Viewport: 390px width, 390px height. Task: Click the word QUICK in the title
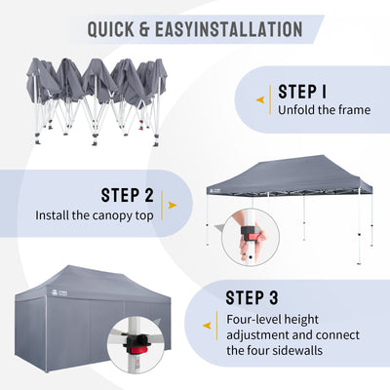pos(111,29)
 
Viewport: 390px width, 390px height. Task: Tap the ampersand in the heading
pos(144,29)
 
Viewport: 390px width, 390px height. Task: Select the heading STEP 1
pos(302,92)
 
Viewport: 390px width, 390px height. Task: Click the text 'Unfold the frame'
pos(324,110)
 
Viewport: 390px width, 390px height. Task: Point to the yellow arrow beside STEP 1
pos(260,100)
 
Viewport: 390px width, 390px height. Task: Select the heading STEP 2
pos(127,195)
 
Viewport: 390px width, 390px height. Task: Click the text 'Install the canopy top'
pos(95,215)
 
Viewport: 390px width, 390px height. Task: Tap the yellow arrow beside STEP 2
pos(173,205)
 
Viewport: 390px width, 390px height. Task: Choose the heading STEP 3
pos(252,297)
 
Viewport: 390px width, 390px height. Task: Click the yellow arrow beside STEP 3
pos(207,326)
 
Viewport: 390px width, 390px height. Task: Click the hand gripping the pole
pos(251,241)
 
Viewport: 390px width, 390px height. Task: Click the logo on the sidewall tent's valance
pos(58,292)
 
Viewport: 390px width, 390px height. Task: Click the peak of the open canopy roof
pos(323,156)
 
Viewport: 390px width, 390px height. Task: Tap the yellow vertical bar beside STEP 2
pos(162,206)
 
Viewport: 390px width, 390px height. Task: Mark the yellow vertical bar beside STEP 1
pos(270,100)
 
